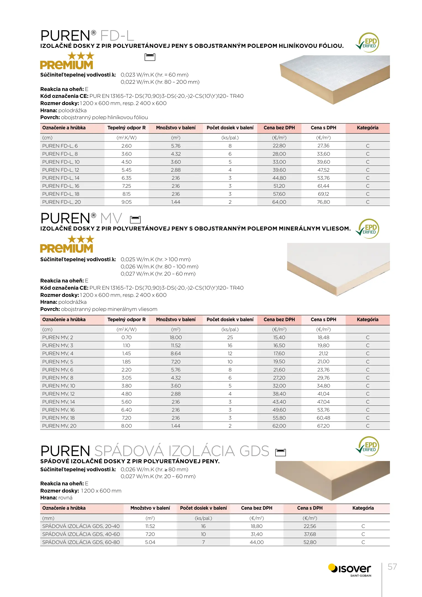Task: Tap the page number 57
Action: point(392,567)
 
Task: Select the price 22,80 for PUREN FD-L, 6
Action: point(279,146)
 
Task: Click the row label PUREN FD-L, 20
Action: point(62,202)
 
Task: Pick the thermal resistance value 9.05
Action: point(127,202)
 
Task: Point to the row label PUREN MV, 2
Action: point(58,337)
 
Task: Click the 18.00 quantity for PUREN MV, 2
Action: point(176,337)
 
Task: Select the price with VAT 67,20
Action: point(323,426)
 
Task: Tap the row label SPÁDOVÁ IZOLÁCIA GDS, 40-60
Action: point(81,534)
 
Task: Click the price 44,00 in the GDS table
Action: point(257,542)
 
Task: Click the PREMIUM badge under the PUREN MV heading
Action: point(67,244)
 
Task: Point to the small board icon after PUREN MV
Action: point(135,219)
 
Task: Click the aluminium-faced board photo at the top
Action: point(334,79)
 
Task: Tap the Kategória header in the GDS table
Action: point(363,508)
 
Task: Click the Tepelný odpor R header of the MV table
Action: point(127,320)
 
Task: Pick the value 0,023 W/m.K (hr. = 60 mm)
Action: point(154,75)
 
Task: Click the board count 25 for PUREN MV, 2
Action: point(230,337)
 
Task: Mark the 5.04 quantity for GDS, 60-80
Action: point(150,542)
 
